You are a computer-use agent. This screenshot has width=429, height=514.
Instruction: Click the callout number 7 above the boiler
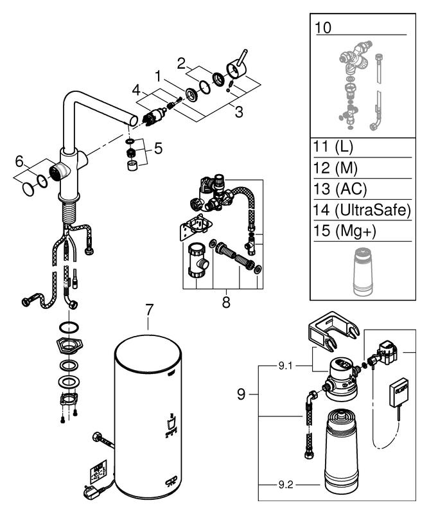coord(149,310)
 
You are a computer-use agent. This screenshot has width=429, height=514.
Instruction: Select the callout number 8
coord(226,303)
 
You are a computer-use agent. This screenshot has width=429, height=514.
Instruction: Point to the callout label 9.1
coord(285,366)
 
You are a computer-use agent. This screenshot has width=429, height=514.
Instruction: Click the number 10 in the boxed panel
coord(323,28)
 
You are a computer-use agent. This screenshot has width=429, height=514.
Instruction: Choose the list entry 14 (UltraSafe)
coord(362,210)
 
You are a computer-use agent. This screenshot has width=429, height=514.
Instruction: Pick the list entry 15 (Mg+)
coord(344,231)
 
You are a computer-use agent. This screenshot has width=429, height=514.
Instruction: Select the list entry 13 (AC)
coord(340,189)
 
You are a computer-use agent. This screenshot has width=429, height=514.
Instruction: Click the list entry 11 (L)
coord(333,147)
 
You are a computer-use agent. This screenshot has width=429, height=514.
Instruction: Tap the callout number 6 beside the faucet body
coord(20,161)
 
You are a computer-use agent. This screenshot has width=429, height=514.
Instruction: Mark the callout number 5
coord(158,148)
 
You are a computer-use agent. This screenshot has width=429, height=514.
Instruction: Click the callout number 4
coord(136,90)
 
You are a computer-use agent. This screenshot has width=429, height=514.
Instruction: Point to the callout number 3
coord(239,112)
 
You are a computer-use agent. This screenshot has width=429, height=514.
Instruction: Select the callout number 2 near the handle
coord(181,64)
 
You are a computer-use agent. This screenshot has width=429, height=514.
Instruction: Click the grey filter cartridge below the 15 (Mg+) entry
coord(363,271)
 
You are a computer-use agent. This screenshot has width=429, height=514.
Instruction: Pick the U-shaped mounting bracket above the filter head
coord(333,331)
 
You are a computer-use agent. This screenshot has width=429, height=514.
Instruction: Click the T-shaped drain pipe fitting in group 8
coord(197,260)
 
